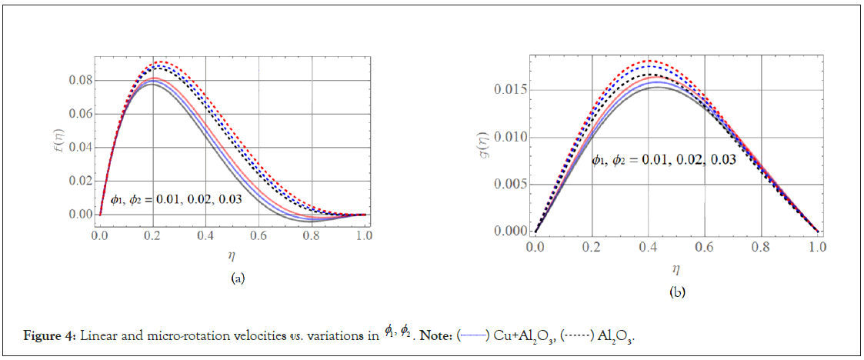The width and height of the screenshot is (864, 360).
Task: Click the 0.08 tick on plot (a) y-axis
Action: coord(82,81)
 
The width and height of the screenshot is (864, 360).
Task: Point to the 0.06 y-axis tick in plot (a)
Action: coord(82,115)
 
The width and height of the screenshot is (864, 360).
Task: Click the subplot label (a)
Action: coord(238,278)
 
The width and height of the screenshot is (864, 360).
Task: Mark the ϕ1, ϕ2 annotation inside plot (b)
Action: coord(663,160)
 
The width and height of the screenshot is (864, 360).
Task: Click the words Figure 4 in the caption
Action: coord(51,335)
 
